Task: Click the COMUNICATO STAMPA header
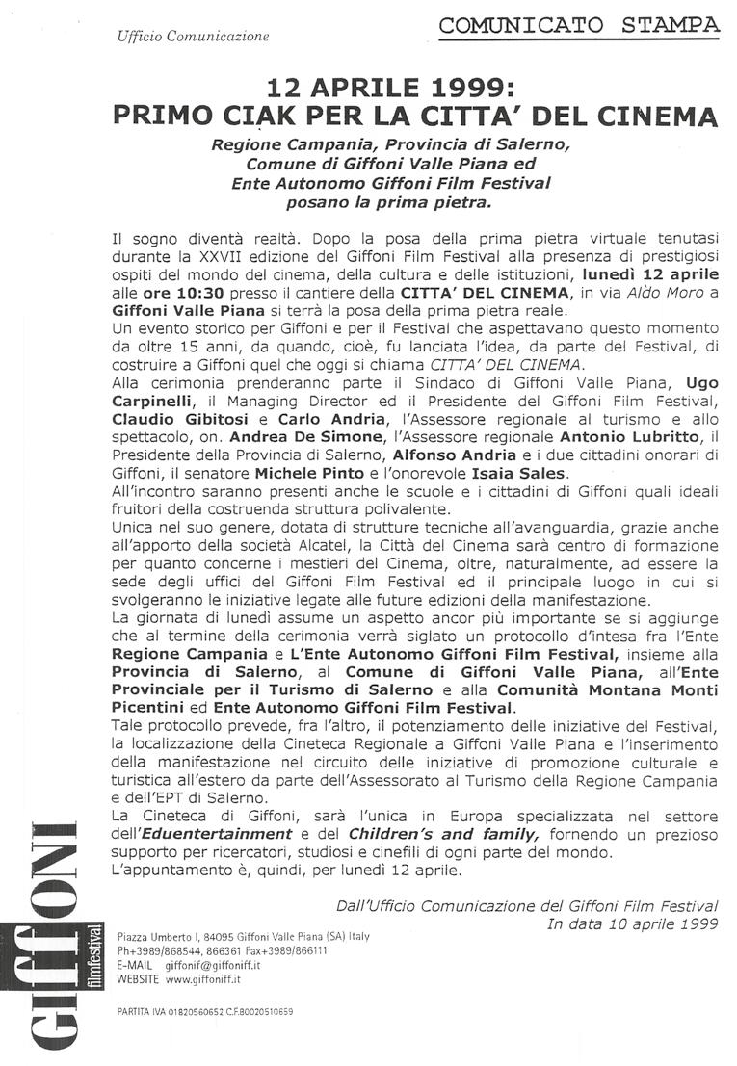pyautogui.click(x=578, y=25)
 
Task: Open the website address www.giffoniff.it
pyautogui.click(x=203, y=977)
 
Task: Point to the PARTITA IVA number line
pyautogui.click(x=204, y=1011)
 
